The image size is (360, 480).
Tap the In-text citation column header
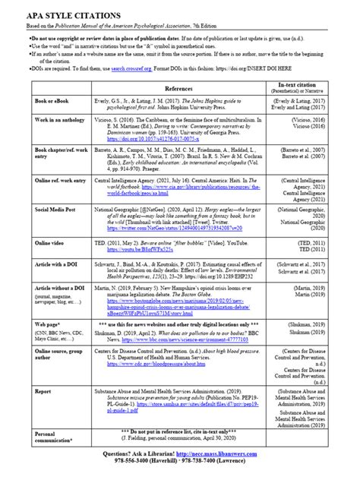pyautogui.click(x=308, y=108)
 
